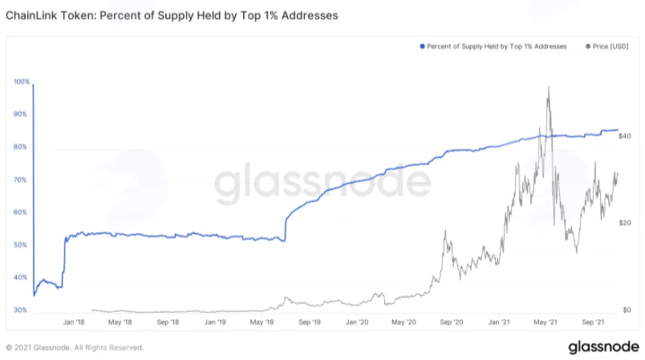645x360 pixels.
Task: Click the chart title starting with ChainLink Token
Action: click(x=172, y=15)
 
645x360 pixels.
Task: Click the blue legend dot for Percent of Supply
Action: click(x=422, y=47)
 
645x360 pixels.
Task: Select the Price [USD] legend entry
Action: click(x=607, y=47)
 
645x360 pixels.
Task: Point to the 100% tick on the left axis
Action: click(x=22, y=82)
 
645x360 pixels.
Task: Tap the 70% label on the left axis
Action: click(x=20, y=180)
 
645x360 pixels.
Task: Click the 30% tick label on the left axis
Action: click(x=20, y=309)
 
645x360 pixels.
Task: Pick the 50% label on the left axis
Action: click(x=20, y=245)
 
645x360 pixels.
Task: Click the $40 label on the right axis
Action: click(x=624, y=136)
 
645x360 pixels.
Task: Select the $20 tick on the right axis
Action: click(x=624, y=223)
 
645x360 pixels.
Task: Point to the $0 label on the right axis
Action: click(x=627, y=309)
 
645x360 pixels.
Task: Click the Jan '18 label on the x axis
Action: click(x=74, y=322)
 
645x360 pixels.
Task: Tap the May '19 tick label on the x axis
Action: click(x=262, y=322)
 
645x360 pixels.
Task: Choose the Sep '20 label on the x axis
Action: click(x=451, y=322)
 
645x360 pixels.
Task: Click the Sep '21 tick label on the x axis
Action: click(x=593, y=322)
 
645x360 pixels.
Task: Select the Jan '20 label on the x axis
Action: click(x=357, y=322)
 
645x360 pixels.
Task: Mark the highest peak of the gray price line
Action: click(x=549, y=87)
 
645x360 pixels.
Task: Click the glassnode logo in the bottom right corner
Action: click(x=603, y=347)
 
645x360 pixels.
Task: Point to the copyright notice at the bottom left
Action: click(x=75, y=348)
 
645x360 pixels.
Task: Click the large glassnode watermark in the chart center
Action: click(x=322, y=182)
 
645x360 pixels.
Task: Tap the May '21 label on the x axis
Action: click(x=546, y=322)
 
